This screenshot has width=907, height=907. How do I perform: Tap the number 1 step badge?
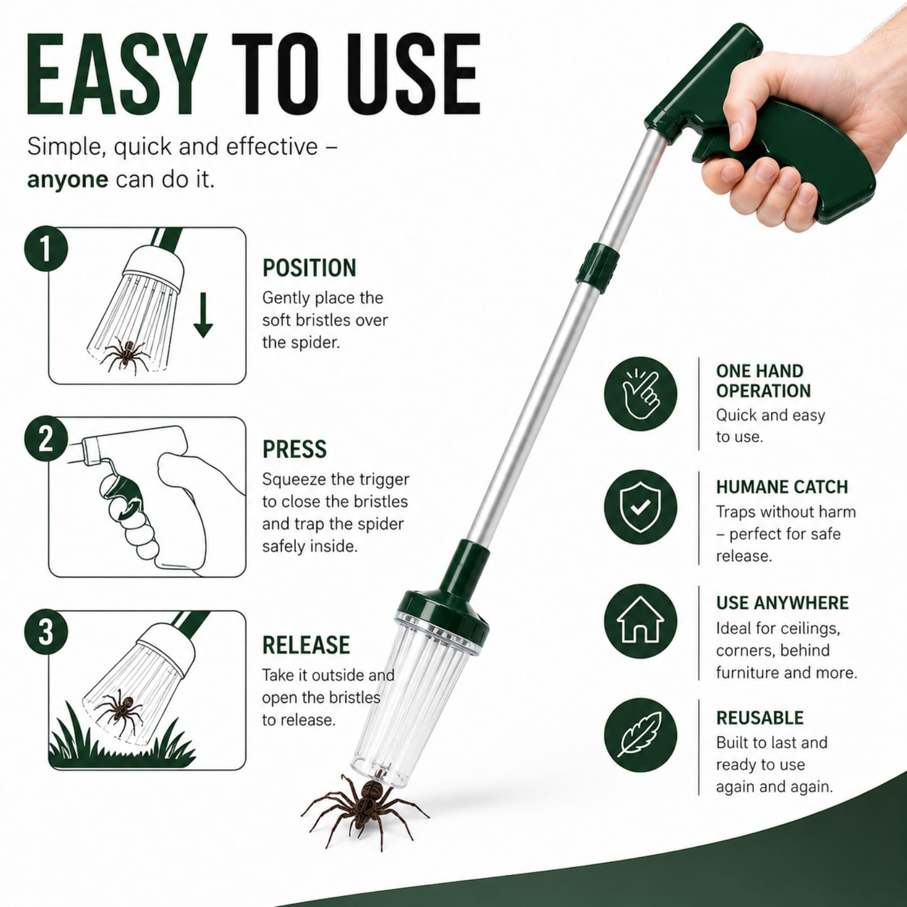point(46,248)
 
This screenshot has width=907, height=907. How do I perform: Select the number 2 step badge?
point(46,439)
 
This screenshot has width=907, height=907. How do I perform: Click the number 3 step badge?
point(46,631)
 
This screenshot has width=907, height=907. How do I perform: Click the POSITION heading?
point(309,268)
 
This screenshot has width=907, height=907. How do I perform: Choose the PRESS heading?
point(294,450)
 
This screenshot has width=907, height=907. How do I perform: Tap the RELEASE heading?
point(306,645)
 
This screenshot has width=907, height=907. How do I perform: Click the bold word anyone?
point(67,180)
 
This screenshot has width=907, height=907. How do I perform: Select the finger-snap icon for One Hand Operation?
point(640,393)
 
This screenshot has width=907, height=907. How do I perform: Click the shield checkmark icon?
point(640,507)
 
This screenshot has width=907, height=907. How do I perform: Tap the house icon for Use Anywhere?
point(640,621)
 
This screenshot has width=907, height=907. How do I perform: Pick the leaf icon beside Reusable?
point(640,735)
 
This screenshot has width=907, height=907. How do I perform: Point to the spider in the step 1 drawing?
point(127,356)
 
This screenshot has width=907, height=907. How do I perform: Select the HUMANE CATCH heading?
point(782,487)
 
